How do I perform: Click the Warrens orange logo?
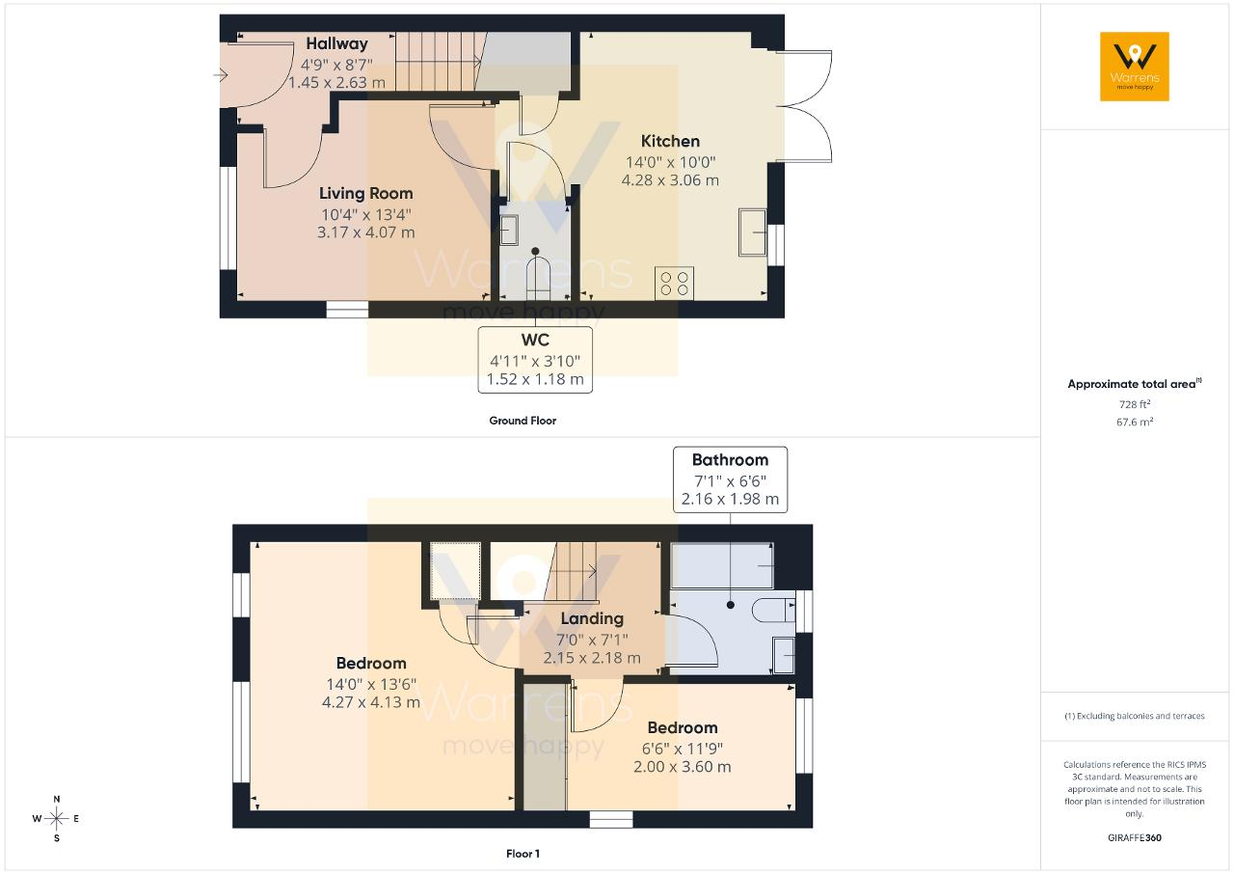click(x=1135, y=67)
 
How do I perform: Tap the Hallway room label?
click(x=336, y=43)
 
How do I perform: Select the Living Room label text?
click(x=365, y=194)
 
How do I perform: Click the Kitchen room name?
click(x=670, y=141)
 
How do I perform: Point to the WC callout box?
click(x=535, y=359)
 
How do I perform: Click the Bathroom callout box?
click(x=730, y=479)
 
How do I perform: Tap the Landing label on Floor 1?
click(x=592, y=619)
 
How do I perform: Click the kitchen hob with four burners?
click(x=674, y=284)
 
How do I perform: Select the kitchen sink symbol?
click(x=753, y=232)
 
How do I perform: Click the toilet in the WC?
click(x=535, y=276)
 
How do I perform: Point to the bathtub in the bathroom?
click(x=722, y=566)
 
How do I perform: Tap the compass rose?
click(x=56, y=818)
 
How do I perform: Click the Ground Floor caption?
click(x=523, y=421)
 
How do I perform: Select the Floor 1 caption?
click(x=523, y=854)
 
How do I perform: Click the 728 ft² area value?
click(x=1135, y=404)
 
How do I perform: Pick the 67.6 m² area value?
click(x=1135, y=422)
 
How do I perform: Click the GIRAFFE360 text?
click(x=1135, y=837)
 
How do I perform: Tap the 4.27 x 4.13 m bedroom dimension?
click(x=371, y=702)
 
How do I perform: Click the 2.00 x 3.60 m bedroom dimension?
click(x=682, y=767)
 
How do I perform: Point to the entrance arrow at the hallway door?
click(x=221, y=74)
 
